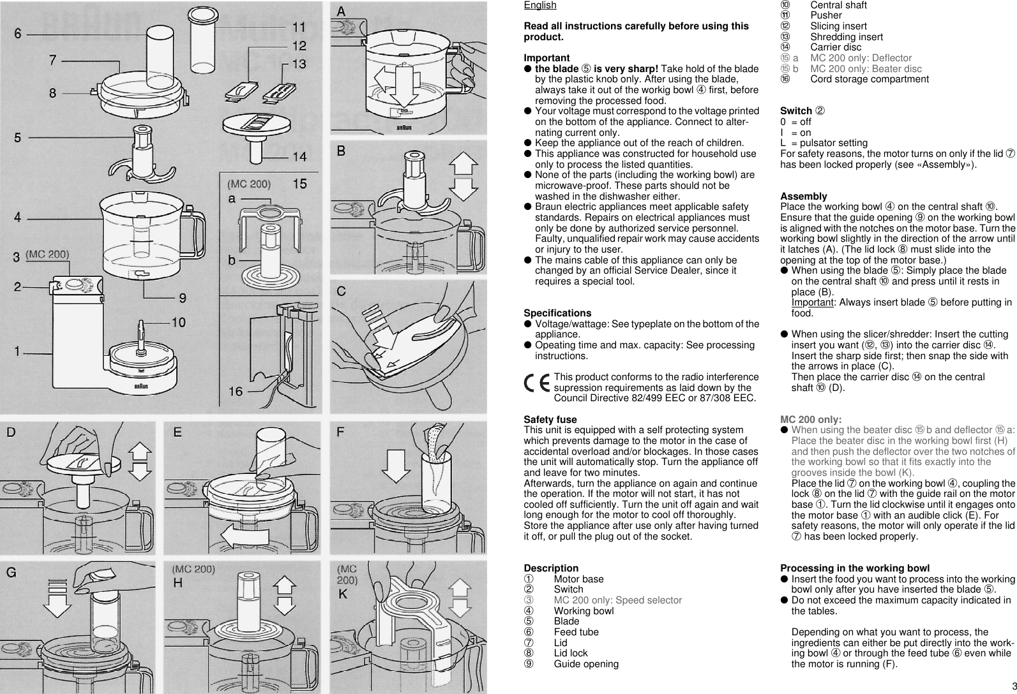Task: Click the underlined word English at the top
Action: click(x=539, y=5)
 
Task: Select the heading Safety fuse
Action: click(x=550, y=420)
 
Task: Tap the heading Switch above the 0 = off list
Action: click(x=796, y=111)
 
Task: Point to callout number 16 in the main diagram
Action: click(x=236, y=391)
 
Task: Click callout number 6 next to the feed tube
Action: click(x=18, y=33)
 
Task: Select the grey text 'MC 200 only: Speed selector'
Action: click(x=617, y=600)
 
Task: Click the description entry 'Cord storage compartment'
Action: click(x=869, y=79)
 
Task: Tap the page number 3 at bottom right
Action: click(x=1013, y=686)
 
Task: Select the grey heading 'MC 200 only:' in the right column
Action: click(x=811, y=420)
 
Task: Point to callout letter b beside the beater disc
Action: click(x=232, y=262)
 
